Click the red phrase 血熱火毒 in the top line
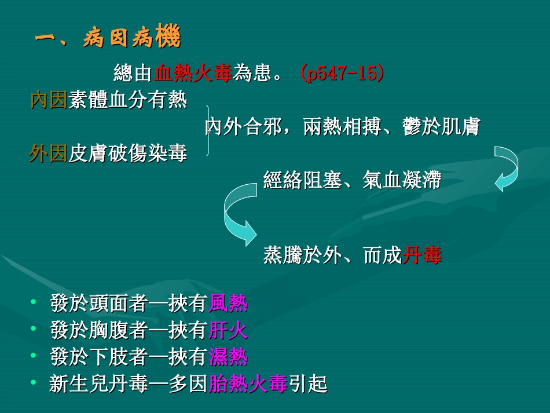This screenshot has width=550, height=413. coord(193,74)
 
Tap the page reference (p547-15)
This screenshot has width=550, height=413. coord(341,74)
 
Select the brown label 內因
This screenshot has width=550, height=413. coord(49,100)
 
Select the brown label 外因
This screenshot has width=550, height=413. coord(49,154)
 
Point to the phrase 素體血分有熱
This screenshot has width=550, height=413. coord(128,100)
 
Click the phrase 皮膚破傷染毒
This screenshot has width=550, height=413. coord(128,154)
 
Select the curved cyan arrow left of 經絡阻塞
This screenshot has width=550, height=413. coord(239,213)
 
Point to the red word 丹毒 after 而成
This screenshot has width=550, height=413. coord(422,255)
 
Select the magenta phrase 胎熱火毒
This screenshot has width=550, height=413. coord(248,383)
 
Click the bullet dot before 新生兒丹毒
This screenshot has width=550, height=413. coord(34,383)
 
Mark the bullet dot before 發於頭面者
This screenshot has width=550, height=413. coord(34,302)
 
